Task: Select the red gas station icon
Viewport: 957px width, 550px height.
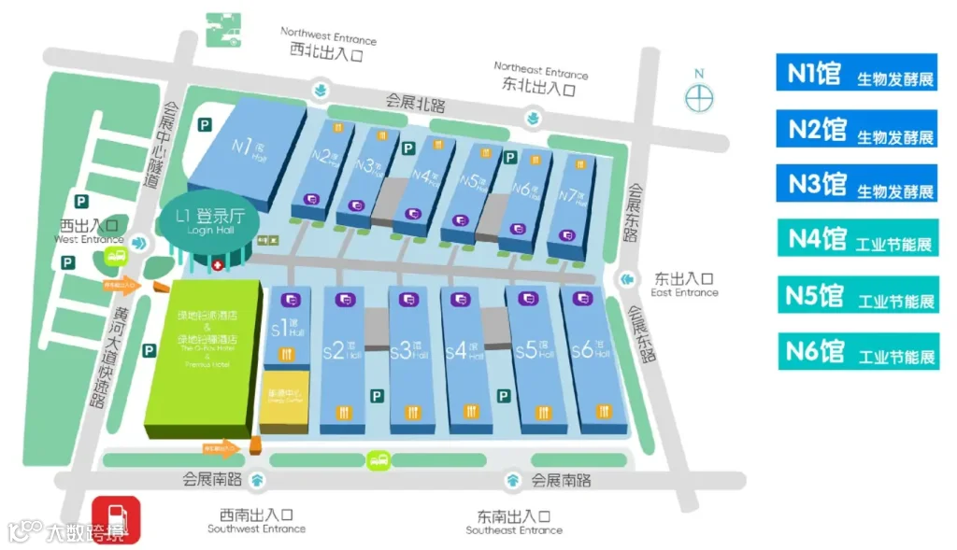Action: (117, 519)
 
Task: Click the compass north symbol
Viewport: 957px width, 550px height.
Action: (698, 96)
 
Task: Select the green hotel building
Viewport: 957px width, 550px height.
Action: (203, 355)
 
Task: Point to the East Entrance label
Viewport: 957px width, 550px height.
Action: (684, 284)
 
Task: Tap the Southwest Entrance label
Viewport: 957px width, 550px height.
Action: (256, 521)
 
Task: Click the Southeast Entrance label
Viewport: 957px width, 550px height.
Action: (514, 523)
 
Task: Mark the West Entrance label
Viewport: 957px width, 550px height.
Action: (89, 231)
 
